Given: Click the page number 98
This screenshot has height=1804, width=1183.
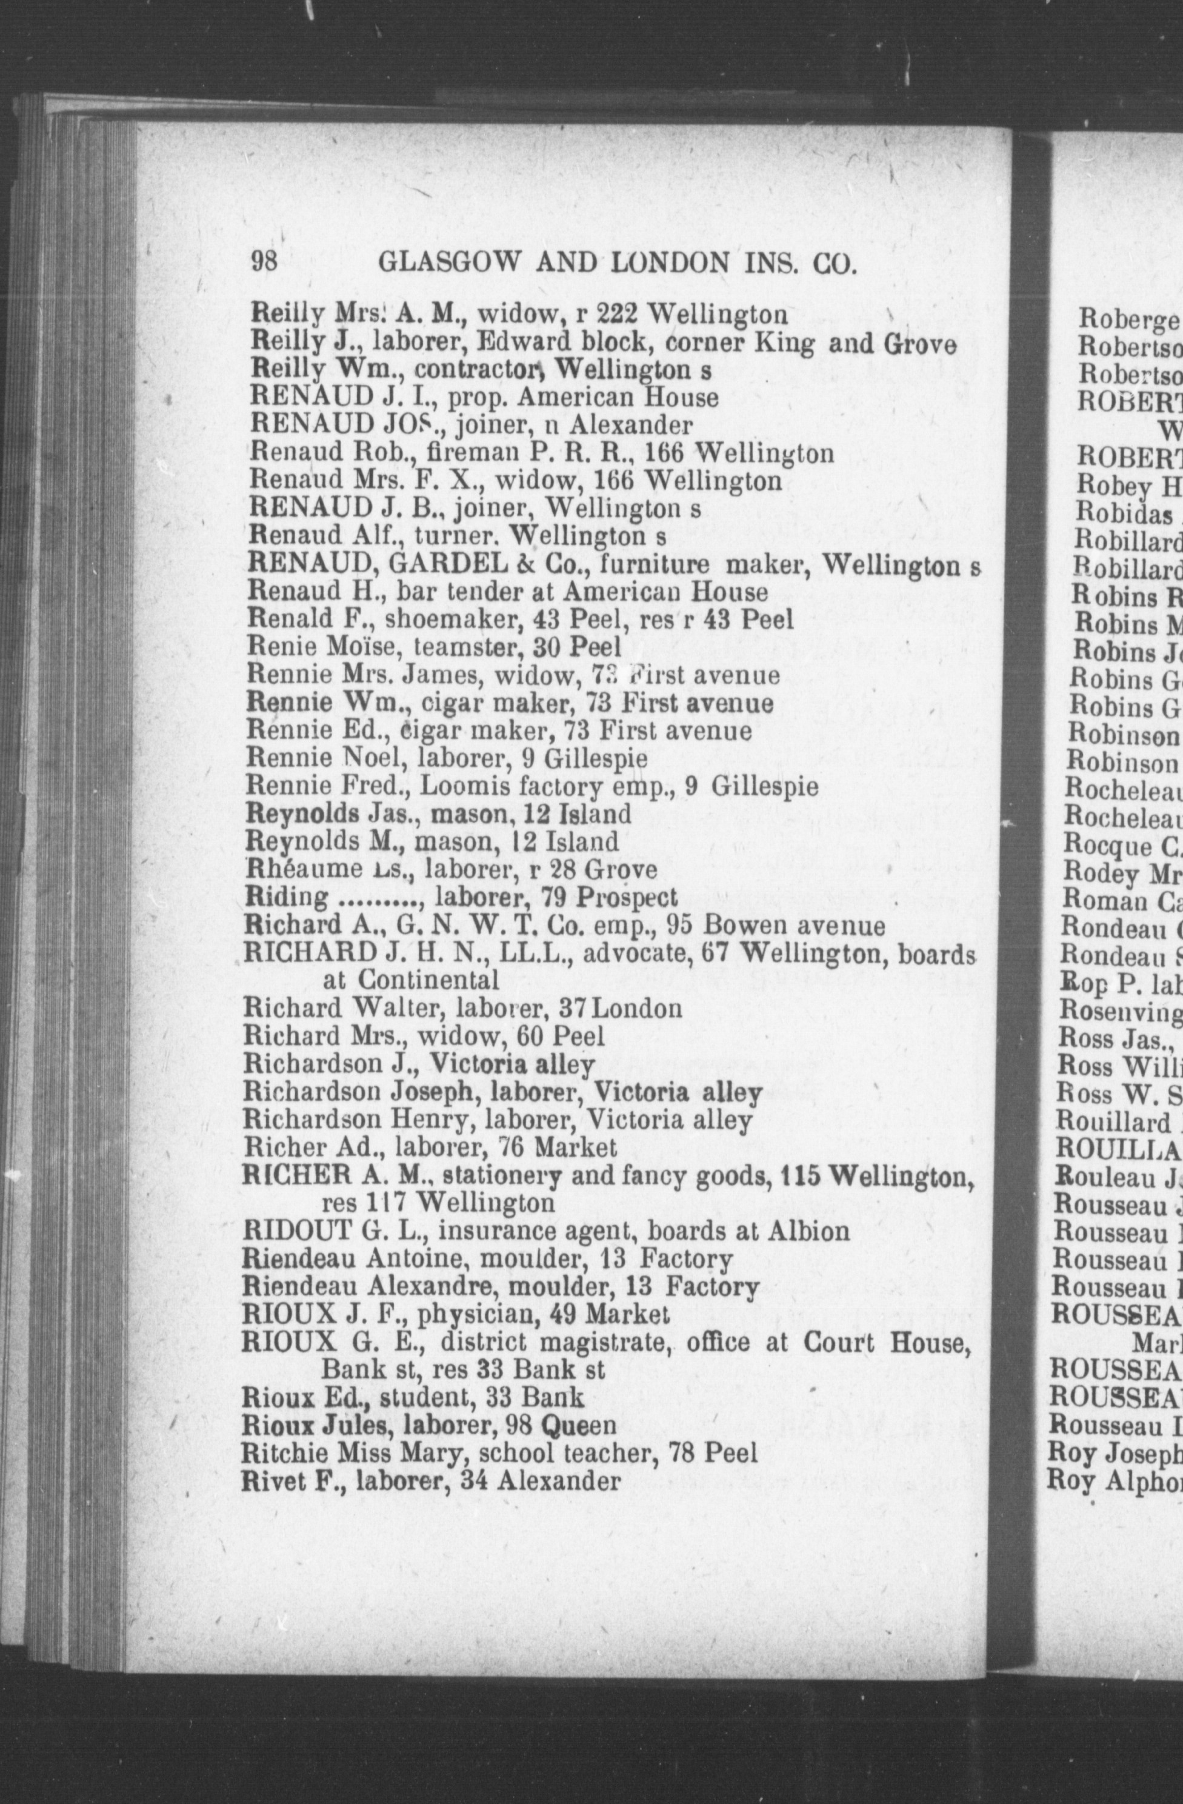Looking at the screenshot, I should pos(266,262).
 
